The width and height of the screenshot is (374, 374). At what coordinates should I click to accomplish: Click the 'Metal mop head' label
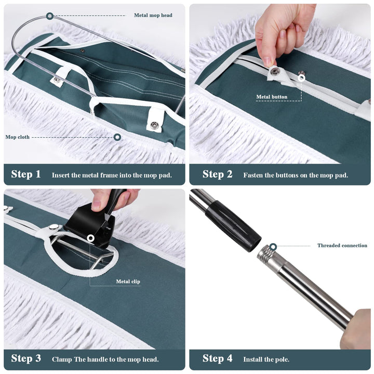153,15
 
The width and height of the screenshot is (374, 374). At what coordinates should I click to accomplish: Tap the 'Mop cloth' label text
18,137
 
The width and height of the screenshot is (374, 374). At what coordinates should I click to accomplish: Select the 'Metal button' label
272,97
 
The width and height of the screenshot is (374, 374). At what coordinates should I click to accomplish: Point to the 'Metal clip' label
128,282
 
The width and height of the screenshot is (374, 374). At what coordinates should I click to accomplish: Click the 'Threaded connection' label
342,245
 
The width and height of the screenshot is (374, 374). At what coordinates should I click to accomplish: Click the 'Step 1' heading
26,174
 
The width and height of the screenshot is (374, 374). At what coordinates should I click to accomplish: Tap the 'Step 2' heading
217,174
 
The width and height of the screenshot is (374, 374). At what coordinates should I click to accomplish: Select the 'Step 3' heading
26,358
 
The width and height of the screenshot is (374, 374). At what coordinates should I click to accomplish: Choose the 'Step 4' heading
217,358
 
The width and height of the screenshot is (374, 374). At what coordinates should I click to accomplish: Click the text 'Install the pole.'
266,359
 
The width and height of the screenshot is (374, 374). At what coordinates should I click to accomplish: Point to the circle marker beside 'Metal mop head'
50,16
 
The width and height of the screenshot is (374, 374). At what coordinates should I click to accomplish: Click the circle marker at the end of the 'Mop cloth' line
117,137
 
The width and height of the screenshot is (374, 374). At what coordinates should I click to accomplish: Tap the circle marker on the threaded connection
273,246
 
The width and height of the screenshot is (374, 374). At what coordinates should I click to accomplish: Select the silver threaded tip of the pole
266,255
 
